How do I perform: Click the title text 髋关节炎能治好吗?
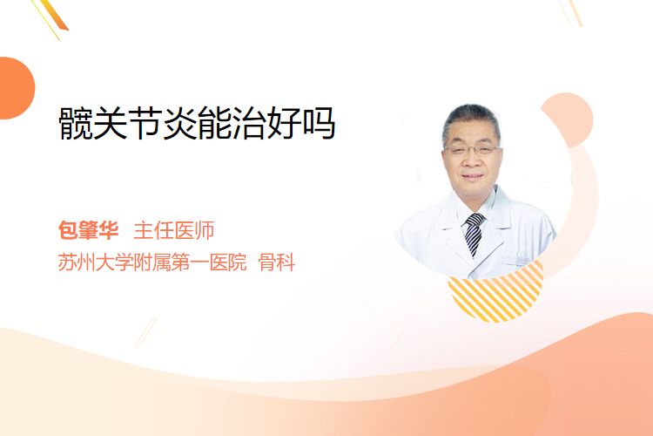click(197, 123)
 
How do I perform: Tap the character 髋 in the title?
click(76, 123)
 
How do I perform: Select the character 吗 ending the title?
click(320, 123)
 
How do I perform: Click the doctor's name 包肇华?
click(88, 230)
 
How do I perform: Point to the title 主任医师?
click(174, 230)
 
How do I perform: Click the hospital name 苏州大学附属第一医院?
click(152, 262)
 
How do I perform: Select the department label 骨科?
click(277, 262)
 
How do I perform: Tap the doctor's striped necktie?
click(474, 234)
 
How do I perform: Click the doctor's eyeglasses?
click(472, 149)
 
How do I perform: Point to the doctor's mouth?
click(473, 176)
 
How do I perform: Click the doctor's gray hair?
click(471, 119)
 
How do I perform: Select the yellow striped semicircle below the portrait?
click(495, 294)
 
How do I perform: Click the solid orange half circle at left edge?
click(17, 88)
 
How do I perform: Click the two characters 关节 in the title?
click(126, 123)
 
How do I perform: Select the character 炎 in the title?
click(179, 123)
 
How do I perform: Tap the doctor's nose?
click(471, 160)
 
